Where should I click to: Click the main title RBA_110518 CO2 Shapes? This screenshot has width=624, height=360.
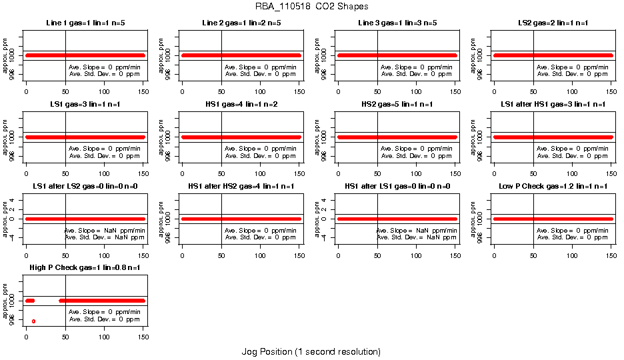click(311, 6)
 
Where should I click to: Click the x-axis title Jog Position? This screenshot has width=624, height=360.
click(311, 351)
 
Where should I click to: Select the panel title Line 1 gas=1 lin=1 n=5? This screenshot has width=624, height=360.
click(85, 23)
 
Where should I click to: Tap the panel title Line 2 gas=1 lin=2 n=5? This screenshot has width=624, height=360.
click(241, 23)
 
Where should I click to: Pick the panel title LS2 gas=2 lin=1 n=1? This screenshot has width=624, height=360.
click(553, 23)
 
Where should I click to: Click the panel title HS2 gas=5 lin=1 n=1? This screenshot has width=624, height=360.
click(397, 105)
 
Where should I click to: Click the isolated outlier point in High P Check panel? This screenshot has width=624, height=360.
click(33, 321)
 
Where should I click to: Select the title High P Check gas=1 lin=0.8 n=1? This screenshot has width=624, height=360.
click(85, 267)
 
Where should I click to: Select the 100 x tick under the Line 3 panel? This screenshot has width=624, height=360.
click(416, 94)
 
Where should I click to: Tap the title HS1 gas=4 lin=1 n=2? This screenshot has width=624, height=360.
click(241, 105)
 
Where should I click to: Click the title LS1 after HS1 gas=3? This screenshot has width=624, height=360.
click(553, 105)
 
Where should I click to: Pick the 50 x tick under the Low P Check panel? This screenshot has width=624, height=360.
click(533, 257)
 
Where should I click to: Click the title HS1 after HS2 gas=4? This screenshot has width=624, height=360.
click(241, 186)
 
